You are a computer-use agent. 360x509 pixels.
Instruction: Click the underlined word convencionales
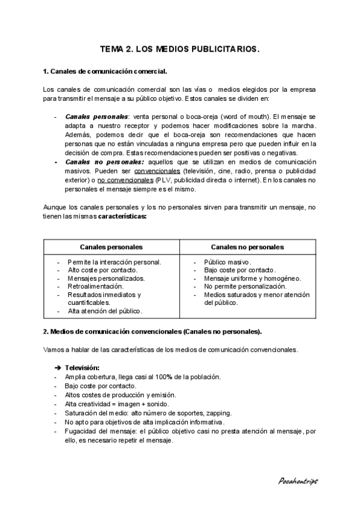coord(157,171)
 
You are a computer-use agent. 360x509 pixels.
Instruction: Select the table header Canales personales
coord(111,247)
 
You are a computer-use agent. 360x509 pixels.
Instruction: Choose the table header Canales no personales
coord(247,247)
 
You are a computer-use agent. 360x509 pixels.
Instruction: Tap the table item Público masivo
coord(227,262)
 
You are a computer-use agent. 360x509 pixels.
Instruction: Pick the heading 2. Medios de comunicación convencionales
coord(152,331)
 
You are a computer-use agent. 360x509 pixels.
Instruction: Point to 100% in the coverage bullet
coord(163,377)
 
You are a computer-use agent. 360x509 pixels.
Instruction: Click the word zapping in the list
coord(218,413)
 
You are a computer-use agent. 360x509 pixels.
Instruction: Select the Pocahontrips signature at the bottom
coord(298,481)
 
